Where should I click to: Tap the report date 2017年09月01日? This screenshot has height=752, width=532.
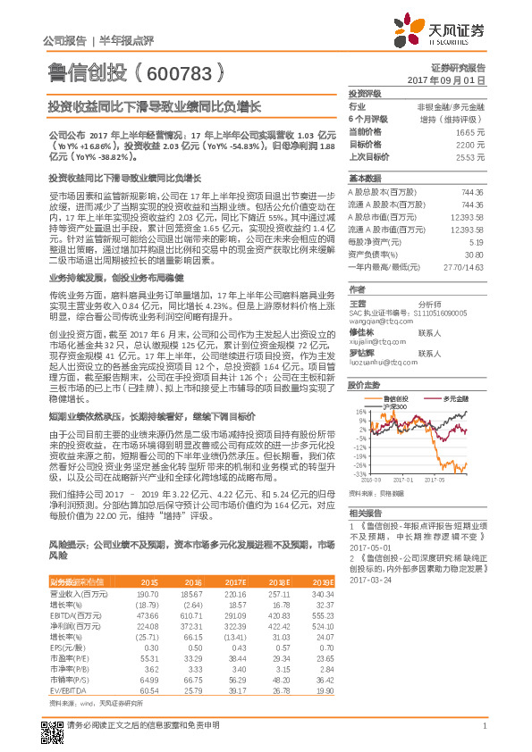(454, 80)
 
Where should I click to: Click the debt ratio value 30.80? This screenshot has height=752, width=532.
(475, 255)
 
